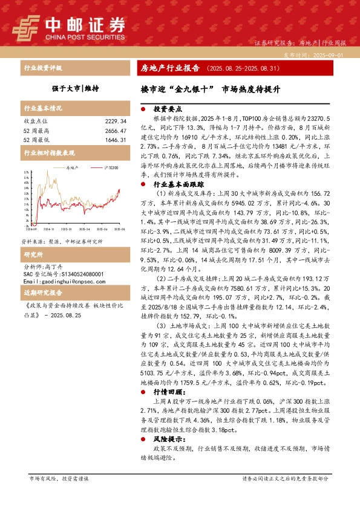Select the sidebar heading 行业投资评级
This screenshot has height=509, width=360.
click(42, 68)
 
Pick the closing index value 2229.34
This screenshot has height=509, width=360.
click(114, 121)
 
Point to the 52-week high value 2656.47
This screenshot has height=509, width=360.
click(114, 130)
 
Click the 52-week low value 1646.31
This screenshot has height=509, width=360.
click(114, 139)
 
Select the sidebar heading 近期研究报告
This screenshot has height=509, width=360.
click(42, 293)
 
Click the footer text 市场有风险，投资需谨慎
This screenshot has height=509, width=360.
click(59, 479)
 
